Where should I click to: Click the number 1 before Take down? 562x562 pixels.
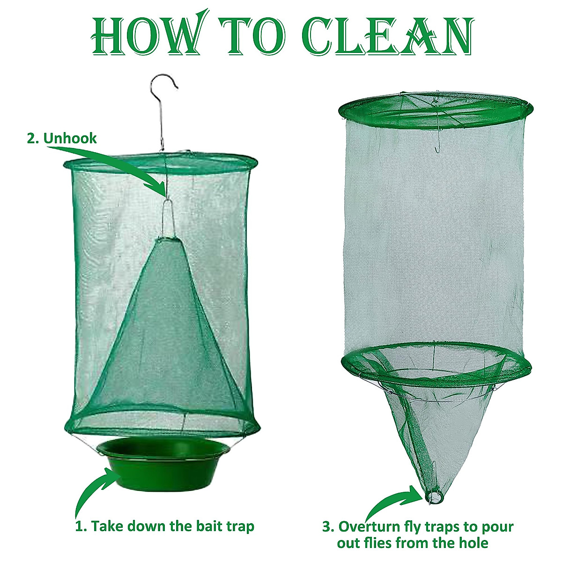tap(80, 526)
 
